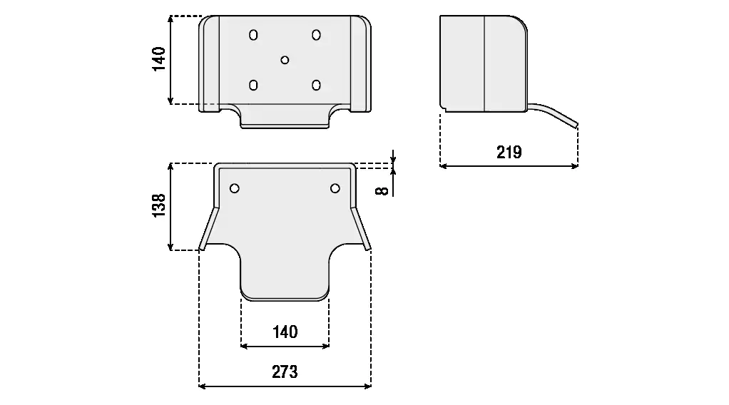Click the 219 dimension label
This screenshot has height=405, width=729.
509,152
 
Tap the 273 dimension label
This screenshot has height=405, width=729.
285,372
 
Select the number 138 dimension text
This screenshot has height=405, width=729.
159,205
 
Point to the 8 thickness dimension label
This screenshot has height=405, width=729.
382,190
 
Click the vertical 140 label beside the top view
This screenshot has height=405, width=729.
159,58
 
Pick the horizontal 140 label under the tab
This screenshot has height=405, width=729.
285,332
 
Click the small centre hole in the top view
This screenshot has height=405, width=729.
285,60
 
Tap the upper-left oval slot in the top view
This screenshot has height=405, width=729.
253,35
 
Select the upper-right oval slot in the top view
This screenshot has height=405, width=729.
316,35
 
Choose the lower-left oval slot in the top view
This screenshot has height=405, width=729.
253,85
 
